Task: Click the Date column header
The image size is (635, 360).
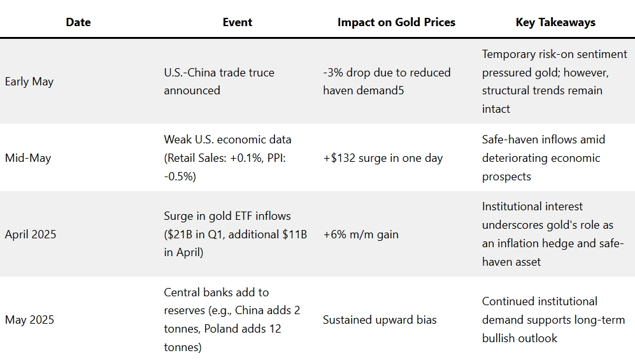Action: [x=78, y=22]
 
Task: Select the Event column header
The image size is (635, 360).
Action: [x=237, y=22]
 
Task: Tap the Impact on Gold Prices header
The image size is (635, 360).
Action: [x=396, y=22]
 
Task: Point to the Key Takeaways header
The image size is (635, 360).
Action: [x=555, y=22]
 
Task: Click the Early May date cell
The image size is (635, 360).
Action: [x=29, y=82]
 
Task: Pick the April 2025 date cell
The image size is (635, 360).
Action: [x=31, y=234]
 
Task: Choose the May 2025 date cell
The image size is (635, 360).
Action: [x=29, y=320]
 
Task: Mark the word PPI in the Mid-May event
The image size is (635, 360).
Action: [x=276, y=158]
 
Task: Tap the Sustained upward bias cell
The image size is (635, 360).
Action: [x=380, y=320]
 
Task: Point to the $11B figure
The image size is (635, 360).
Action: [x=294, y=234]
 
